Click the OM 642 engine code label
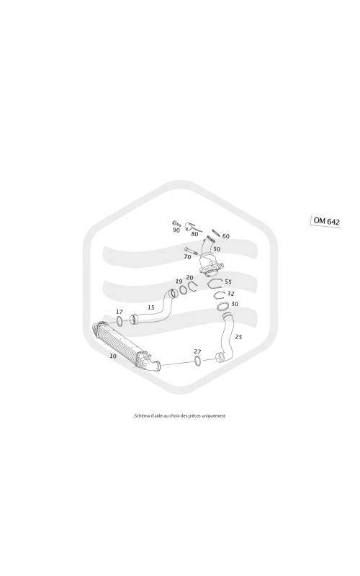327,221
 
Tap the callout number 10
113,356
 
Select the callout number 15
151,307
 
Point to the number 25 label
238,336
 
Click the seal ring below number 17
120,320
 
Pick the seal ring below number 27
197,361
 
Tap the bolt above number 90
176,222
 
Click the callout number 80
194,233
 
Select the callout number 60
226,236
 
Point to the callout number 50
217,249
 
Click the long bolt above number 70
191,251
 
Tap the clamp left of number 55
215,284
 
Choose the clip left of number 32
220,294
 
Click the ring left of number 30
223,306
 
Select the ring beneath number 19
183,292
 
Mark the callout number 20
189,278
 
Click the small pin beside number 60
215,233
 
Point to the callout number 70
187,257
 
